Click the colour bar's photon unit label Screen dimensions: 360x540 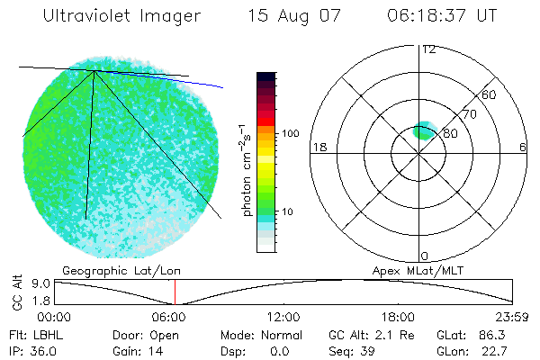point(246,168)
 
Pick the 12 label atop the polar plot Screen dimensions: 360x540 point(428,49)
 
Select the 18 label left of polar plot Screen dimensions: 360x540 point(318,147)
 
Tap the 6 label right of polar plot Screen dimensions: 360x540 point(523,147)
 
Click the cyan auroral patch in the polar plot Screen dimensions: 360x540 point(424,131)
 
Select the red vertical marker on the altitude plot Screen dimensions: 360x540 point(175,292)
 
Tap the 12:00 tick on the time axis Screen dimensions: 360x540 point(284,317)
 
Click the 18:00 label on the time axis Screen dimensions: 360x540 point(399,317)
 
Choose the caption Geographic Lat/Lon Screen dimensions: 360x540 point(110,270)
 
